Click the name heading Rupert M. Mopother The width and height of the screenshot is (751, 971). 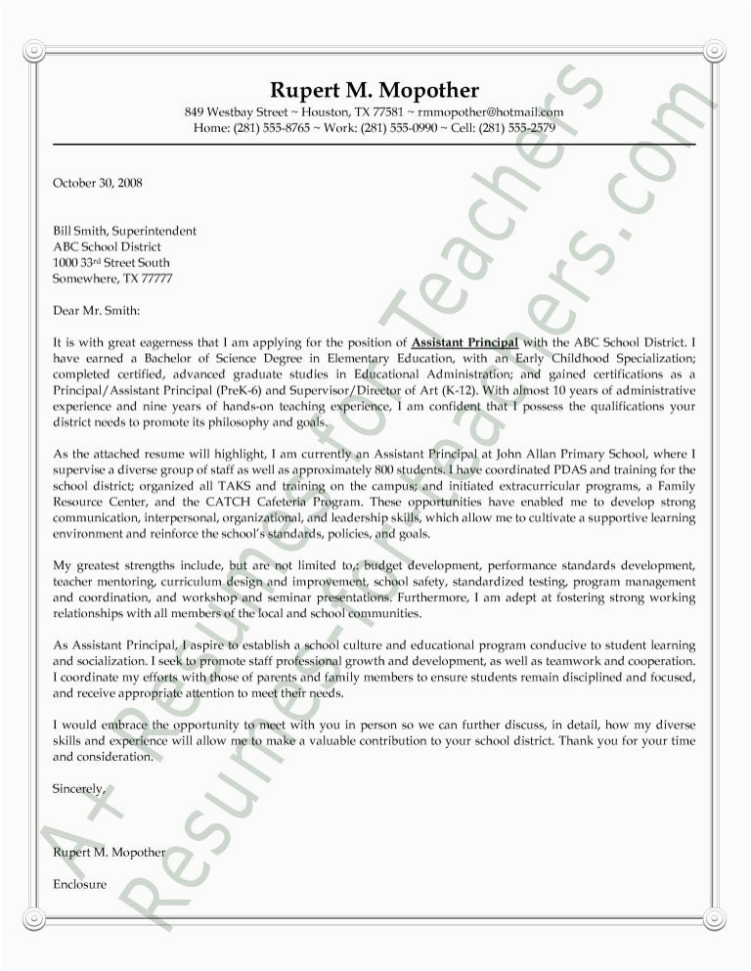tap(375, 91)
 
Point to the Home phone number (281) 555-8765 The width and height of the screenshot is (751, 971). tap(272, 128)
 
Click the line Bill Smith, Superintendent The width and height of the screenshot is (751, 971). tap(124, 232)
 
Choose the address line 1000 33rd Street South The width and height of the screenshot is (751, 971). tap(110, 263)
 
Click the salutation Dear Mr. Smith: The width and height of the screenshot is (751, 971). tap(97, 311)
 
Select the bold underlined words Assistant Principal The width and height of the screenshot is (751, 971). tap(465, 342)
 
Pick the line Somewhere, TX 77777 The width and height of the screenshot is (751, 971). tap(112, 279)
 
